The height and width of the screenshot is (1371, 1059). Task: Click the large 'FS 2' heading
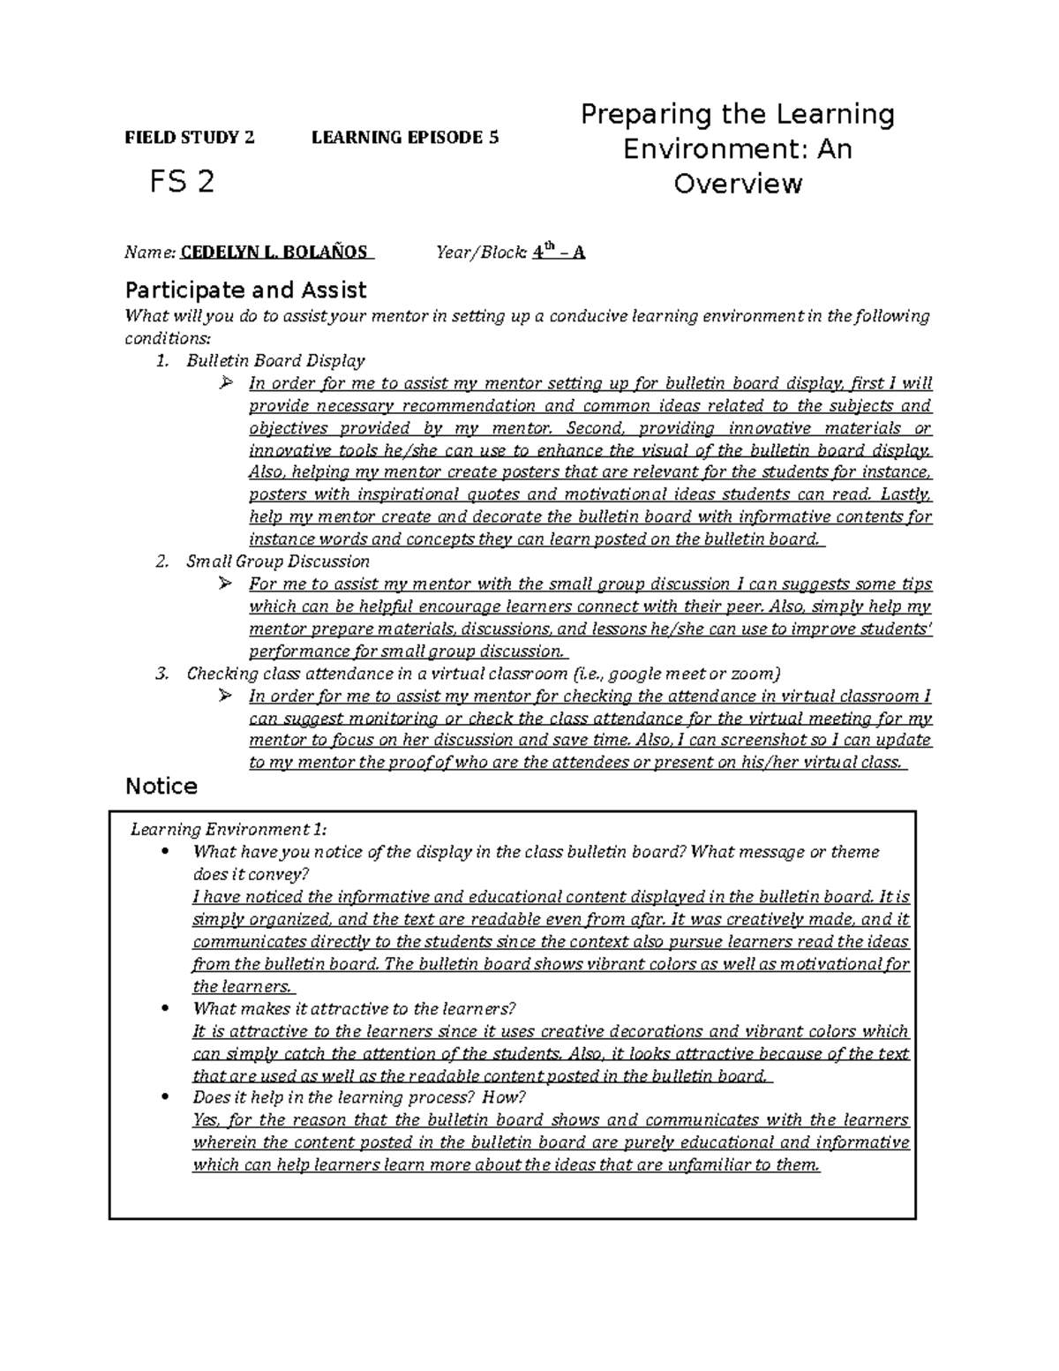click(x=182, y=182)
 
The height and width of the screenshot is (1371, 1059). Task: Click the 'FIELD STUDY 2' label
click(x=189, y=138)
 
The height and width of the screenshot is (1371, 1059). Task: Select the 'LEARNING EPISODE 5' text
click(x=405, y=138)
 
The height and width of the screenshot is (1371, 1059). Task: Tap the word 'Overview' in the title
click(x=738, y=184)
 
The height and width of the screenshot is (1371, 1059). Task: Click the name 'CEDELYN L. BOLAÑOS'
click(x=274, y=252)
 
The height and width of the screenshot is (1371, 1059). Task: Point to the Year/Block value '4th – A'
click(x=558, y=252)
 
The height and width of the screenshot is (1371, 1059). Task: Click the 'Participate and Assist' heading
click(x=246, y=290)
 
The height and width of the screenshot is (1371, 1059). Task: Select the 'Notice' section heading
click(x=161, y=786)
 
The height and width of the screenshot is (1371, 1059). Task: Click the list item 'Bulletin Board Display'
click(x=275, y=360)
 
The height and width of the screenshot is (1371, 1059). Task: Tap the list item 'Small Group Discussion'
click(x=278, y=561)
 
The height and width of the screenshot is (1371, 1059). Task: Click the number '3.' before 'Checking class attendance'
click(x=161, y=674)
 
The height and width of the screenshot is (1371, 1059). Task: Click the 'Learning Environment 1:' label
click(x=229, y=829)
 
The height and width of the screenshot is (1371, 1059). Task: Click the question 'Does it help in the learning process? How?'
click(x=358, y=1097)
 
